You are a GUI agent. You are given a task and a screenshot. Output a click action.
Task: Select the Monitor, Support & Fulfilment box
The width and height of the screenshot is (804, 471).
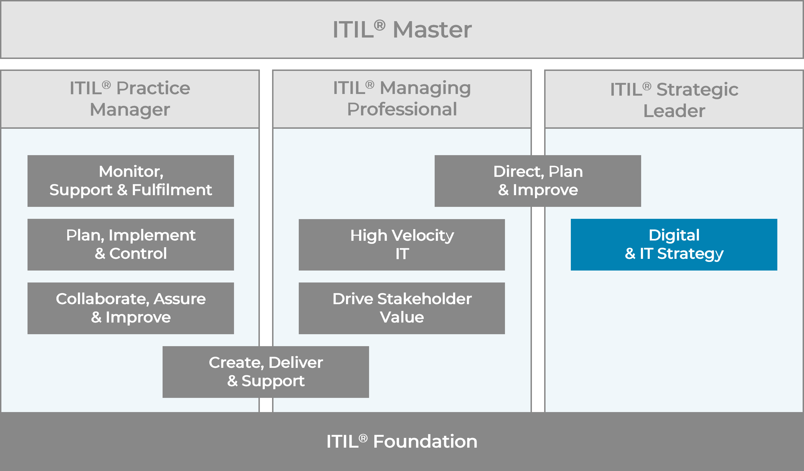pyautogui.click(x=131, y=181)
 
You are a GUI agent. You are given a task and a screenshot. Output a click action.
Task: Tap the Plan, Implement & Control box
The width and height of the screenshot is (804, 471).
pyautogui.click(x=131, y=244)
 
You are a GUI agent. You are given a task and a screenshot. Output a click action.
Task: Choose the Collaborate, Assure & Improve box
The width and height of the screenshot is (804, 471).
pyautogui.click(x=131, y=308)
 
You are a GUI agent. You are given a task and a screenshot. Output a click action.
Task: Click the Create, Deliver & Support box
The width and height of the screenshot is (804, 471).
pyautogui.click(x=265, y=372)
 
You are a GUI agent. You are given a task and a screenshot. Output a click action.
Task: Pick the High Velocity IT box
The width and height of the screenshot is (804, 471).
pyautogui.click(x=402, y=244)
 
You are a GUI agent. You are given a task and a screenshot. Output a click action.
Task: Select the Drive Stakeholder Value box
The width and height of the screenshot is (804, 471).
pyautogui.click(x=402, y=308)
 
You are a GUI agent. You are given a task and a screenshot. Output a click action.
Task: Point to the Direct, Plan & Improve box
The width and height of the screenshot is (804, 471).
pyautogui.click(x=537, y=181)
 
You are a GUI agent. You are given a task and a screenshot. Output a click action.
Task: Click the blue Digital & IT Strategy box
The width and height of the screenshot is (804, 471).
pyautogui.click(x=674, y=244)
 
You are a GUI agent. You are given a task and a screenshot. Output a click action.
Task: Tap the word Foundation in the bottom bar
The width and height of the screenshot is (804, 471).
pyautogui.click(x=425, y=441)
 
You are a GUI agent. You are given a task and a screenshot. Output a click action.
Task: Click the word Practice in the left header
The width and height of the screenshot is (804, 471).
pyautogui.click(x=153, y=88)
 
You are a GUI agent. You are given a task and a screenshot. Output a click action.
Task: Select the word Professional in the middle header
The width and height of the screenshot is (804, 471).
pyautogui.click(x=402, y=110)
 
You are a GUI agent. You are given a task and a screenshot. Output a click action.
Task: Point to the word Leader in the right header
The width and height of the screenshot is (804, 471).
pyautogui.click(x=674, y=111)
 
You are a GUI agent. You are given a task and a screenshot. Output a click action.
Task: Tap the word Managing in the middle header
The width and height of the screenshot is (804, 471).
pyautogui.click(x=425, y=88)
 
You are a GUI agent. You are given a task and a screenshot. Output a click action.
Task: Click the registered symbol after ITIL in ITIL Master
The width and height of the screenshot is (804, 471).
pyautogui.click(x=379, y=25)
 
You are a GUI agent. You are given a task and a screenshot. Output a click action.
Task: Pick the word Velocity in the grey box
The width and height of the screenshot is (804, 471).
pyautogui.click(x=422, y=235)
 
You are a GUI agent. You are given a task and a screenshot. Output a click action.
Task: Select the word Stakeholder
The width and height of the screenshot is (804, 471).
pyautogui.click(x=424, y=299)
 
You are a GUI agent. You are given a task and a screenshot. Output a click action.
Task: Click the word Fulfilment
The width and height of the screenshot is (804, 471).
pyautogui.click(x=172, y=190)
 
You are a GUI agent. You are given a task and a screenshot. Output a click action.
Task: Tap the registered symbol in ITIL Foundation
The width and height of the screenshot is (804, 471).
pyautogui.click(x=363, y=438)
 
